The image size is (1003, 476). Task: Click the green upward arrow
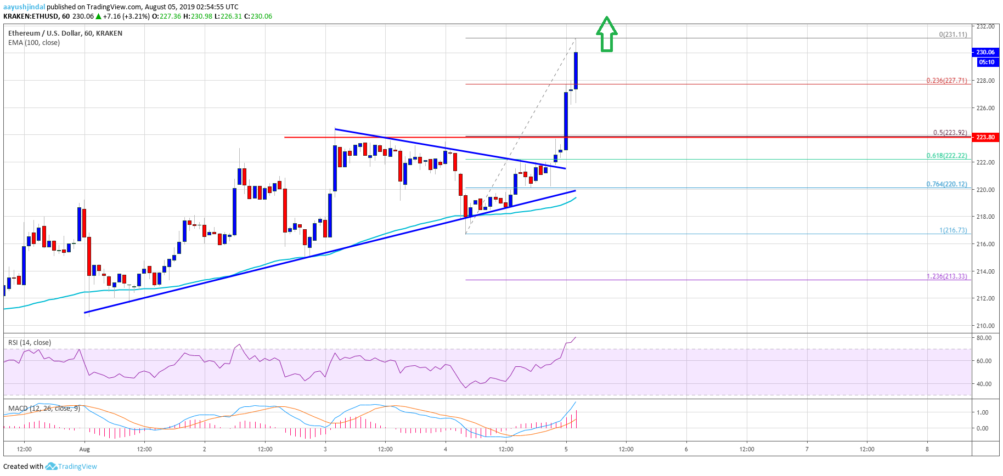pyautogui.click(x=606, y=34)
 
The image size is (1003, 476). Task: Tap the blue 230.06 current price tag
pyautogui.click(x=985, y=52)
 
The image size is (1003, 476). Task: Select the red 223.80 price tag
pyautogui.click(x=985, y=137)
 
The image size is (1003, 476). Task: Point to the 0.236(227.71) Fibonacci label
pyautogui.click(x=946, y=81)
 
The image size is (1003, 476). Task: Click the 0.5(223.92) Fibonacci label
pyautogui.click(x=950, y=133)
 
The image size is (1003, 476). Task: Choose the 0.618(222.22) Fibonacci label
pyautogui.click(x=946, y=156)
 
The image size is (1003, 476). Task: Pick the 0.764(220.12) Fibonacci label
pyautogui.click(x=946, y=184)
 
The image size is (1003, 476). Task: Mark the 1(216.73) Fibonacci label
pyautogui.click(x=953, y=230)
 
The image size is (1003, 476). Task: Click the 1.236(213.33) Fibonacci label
pyautogui.click(x=946, y=276)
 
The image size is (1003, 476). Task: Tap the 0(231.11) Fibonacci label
pyautogui.click(x=953, y=35)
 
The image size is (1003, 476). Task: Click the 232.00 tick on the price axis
pyautogui.click(x=985, y=26)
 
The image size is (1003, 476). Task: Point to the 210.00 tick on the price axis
pyautogui.click(x=985, y=326)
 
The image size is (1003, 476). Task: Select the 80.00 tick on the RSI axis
pyautogui.click(x=984, y=338)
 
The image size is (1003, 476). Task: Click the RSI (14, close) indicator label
pyautogui.click(x=30, y=343)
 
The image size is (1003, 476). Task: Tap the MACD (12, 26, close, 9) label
pyautogui.click(x=44, y=409)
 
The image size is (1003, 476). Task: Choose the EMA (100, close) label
pyautogui.click(x=34, y=43)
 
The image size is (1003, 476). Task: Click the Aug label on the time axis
pyautogui.click(x=84, y=449)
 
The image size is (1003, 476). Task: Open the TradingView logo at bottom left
pyautogui.click(x=71, y=467)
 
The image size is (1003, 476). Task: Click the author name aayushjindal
pyautogui.click(x=24, y=7)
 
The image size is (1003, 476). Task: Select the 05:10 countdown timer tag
pyautogui.click(x=986, y=62)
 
